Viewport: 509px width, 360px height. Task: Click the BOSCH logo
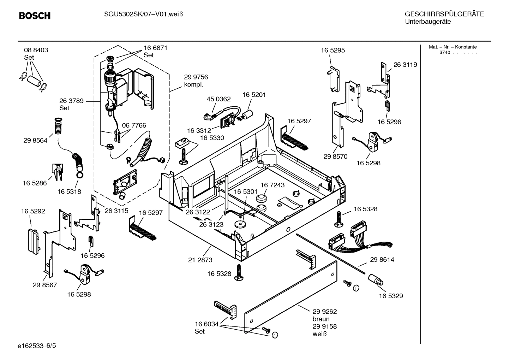point(35,16)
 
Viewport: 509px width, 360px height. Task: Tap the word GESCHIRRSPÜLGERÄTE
point(444,14)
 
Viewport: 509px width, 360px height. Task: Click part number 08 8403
point(36,50)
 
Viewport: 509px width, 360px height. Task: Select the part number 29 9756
point(196,77)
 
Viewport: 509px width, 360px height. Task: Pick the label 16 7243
point(273,185)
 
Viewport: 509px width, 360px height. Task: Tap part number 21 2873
point(200,260)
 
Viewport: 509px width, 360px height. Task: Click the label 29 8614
point(382,259)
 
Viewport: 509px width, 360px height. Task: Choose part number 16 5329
point(391,296)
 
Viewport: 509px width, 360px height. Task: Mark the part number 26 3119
point(405,65)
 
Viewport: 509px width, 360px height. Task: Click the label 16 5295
point(333,50)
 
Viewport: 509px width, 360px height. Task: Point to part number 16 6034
point(206,324)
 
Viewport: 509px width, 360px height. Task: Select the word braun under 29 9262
point(321,319)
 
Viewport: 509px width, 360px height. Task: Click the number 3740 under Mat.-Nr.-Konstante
point(445,53)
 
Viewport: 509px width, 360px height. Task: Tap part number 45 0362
point(218,99)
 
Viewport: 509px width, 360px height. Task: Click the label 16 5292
point(33,211)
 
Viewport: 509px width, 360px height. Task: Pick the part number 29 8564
point(35,140)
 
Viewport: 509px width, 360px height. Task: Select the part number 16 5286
point(35,183)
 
